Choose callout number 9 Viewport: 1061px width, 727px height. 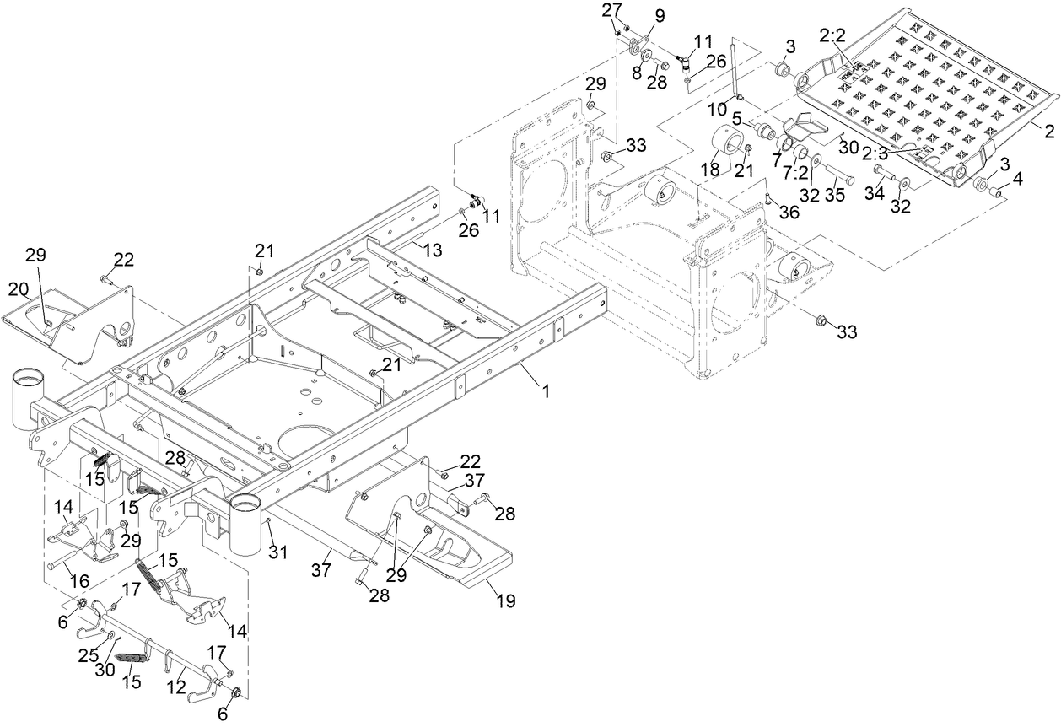click(x=659, y=15)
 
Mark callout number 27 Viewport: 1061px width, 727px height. click(x=610, y=10)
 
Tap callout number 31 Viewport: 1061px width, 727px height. click(x=278, y=552)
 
